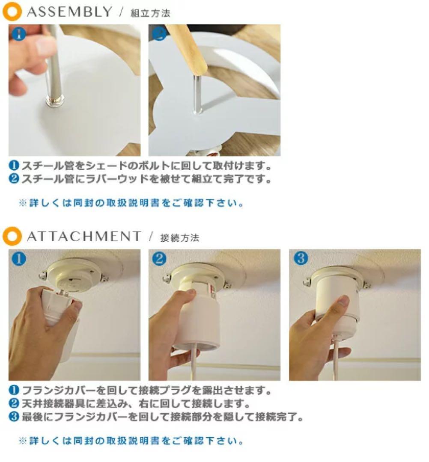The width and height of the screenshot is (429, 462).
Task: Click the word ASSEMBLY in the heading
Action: (69, 12)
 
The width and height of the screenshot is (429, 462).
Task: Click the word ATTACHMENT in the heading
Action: (83, 236)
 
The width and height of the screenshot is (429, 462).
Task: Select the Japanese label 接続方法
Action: (179, 237)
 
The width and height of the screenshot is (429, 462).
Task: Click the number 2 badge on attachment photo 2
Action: (159, 259)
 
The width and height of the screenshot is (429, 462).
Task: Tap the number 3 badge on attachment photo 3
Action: (301, 258)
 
